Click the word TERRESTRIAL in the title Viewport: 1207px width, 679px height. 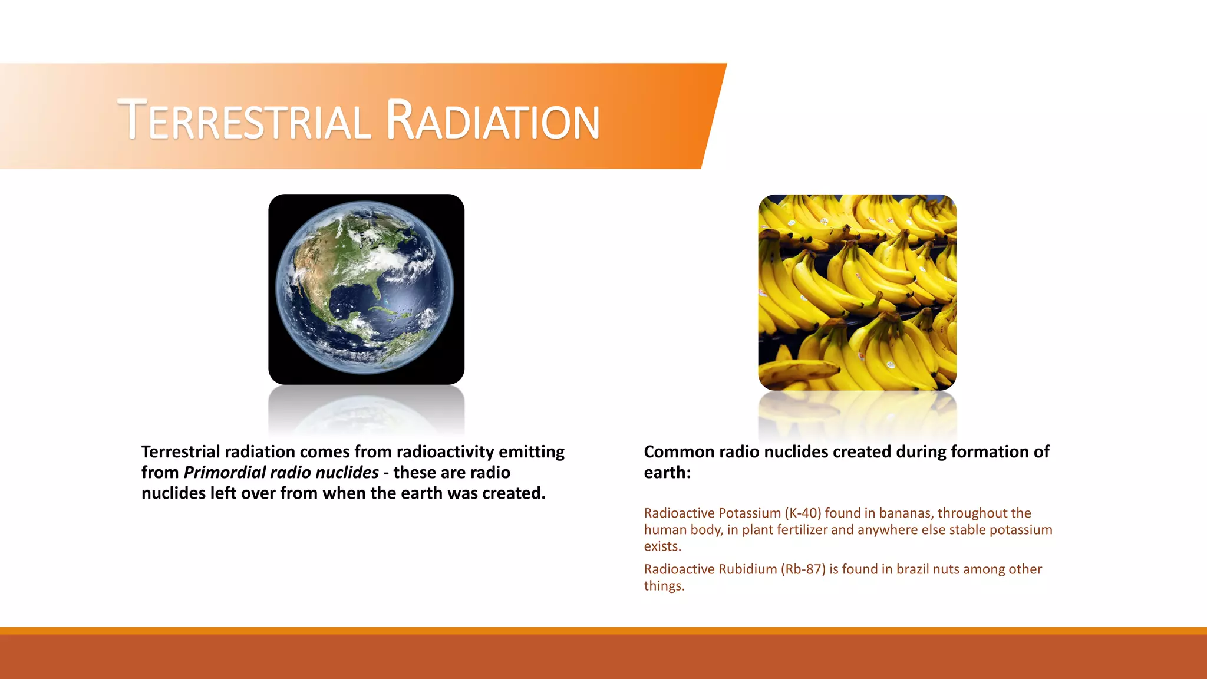245,121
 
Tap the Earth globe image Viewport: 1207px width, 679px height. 366,289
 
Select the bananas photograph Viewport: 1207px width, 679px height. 857,292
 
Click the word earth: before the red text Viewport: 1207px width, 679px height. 667,473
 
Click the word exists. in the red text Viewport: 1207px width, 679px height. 662,546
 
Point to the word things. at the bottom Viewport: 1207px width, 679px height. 664,586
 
